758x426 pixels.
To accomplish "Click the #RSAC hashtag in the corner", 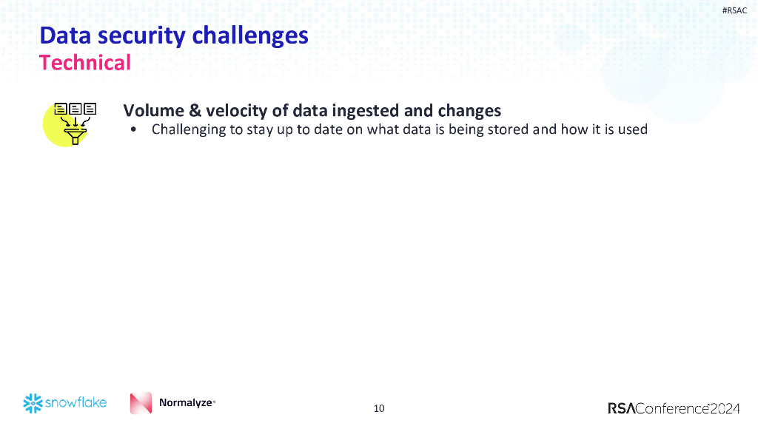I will [x=734, y=10].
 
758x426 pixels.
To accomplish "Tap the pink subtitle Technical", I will [x=85, y=63].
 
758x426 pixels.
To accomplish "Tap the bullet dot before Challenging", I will [x=133, y=130].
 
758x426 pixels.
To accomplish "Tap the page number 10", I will [x=379, y=408].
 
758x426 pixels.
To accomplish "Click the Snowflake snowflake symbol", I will [x=33, y=403].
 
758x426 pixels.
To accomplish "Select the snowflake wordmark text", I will [x=76, y=403].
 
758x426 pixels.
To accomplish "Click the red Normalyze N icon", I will [x=141, y=403].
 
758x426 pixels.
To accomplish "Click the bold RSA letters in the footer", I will [x=621, y=408].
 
